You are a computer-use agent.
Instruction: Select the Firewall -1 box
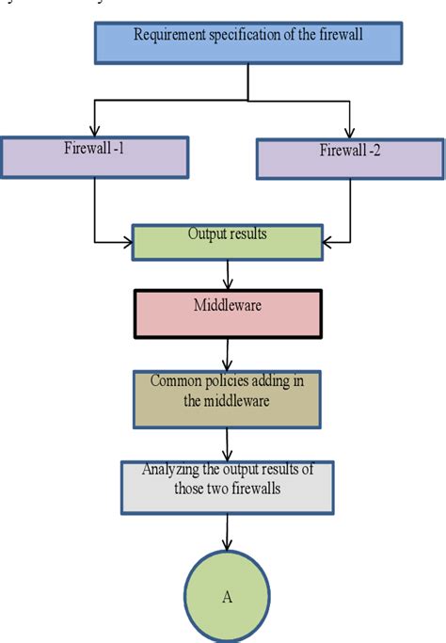(94, 156)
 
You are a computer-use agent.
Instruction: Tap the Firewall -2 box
(349, 157)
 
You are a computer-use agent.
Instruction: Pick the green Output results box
(229, 241)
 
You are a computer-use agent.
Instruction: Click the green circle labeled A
(227, 595)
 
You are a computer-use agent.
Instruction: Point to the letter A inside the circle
(227, 597)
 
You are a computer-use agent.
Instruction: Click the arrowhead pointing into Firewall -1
(94, 132)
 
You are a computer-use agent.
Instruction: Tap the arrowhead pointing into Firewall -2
(349, 132)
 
